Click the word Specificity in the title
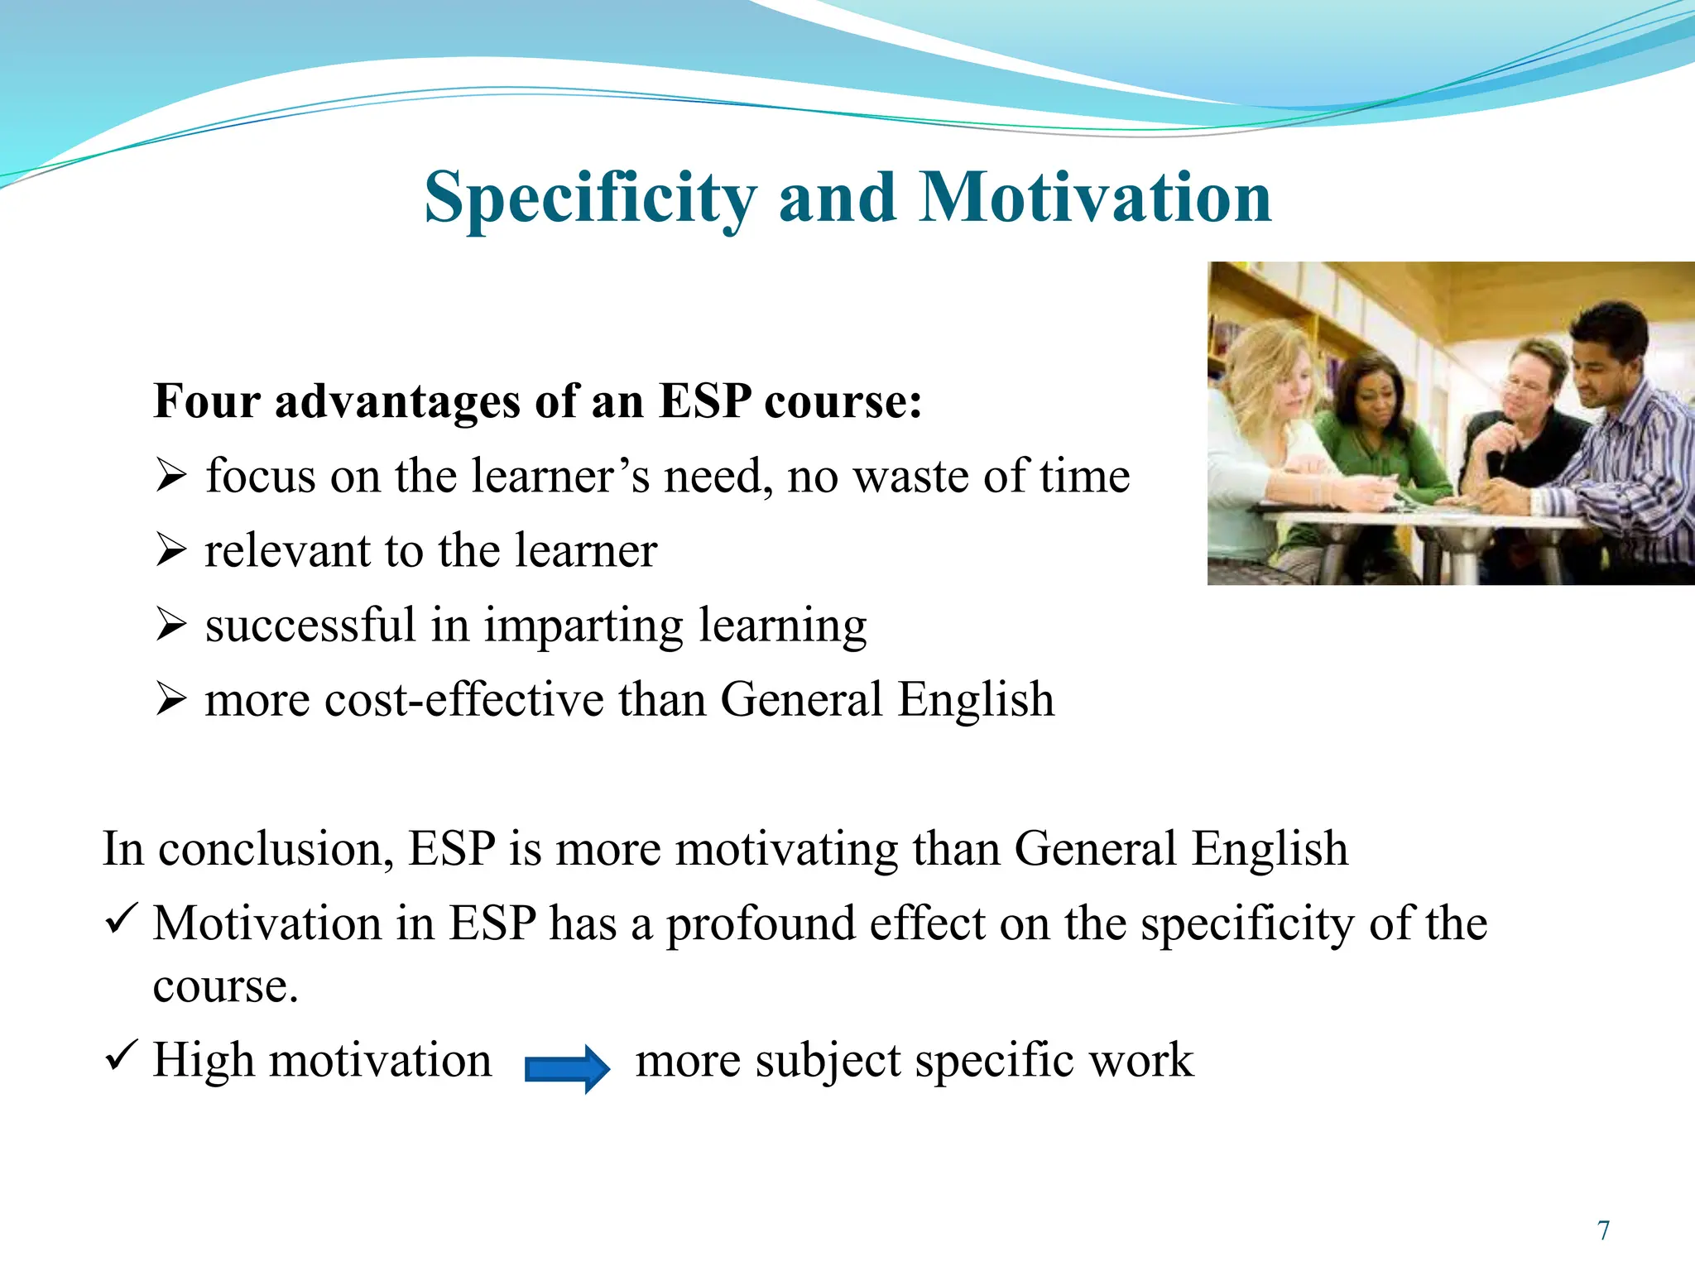point(589,199)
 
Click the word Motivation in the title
point(1094,199)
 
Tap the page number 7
point(1603,1230)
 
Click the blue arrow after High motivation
point(568,1068)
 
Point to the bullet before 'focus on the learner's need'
point(170,477)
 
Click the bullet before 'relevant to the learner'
point(170,551)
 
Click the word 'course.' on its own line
point(225,986)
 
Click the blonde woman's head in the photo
point(1270,372)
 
